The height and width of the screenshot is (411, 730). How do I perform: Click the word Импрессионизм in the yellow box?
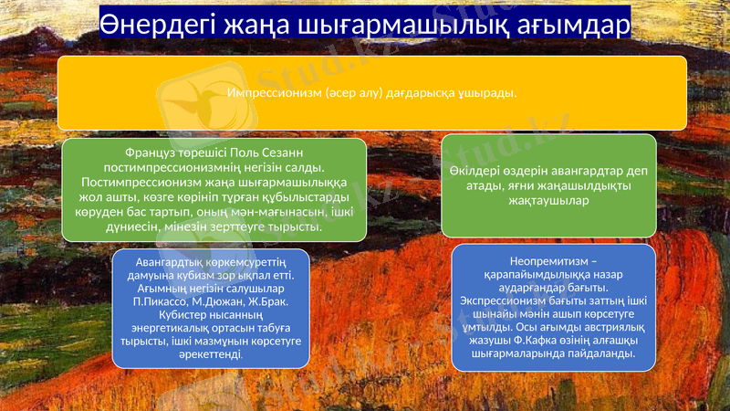click(x=270, y=93)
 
